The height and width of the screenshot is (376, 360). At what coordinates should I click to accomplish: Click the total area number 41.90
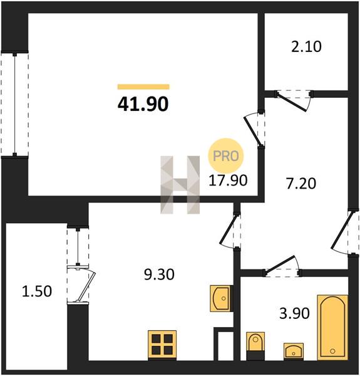(143, 105)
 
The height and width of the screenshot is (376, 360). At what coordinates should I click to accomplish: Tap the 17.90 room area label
(228, 180)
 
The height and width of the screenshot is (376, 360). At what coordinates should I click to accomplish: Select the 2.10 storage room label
(306, 47)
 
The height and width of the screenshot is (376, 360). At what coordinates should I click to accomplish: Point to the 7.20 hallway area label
(301, 184)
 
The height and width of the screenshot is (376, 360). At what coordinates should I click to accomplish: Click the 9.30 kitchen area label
(159, 274)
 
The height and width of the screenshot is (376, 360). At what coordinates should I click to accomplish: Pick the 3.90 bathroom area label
(294, 313)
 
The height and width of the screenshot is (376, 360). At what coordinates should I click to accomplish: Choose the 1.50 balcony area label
(37, 291)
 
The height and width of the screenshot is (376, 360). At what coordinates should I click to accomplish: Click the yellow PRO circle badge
(225, 156)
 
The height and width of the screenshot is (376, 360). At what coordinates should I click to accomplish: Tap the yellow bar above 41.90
(143, 87)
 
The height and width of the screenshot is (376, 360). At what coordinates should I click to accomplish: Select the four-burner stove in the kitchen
(162, 345)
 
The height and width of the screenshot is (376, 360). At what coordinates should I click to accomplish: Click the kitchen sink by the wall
(221, 298)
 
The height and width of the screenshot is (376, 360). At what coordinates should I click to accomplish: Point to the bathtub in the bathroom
(332, 328)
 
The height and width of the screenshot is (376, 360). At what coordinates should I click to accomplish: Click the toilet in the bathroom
(255, 346)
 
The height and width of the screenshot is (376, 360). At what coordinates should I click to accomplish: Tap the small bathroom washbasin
(294, 352)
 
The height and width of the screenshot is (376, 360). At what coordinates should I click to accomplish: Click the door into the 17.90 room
(254, 130)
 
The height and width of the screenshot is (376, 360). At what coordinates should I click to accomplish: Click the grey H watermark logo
(180, 185)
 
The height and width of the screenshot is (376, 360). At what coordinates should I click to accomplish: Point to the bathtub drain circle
(332, 351)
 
